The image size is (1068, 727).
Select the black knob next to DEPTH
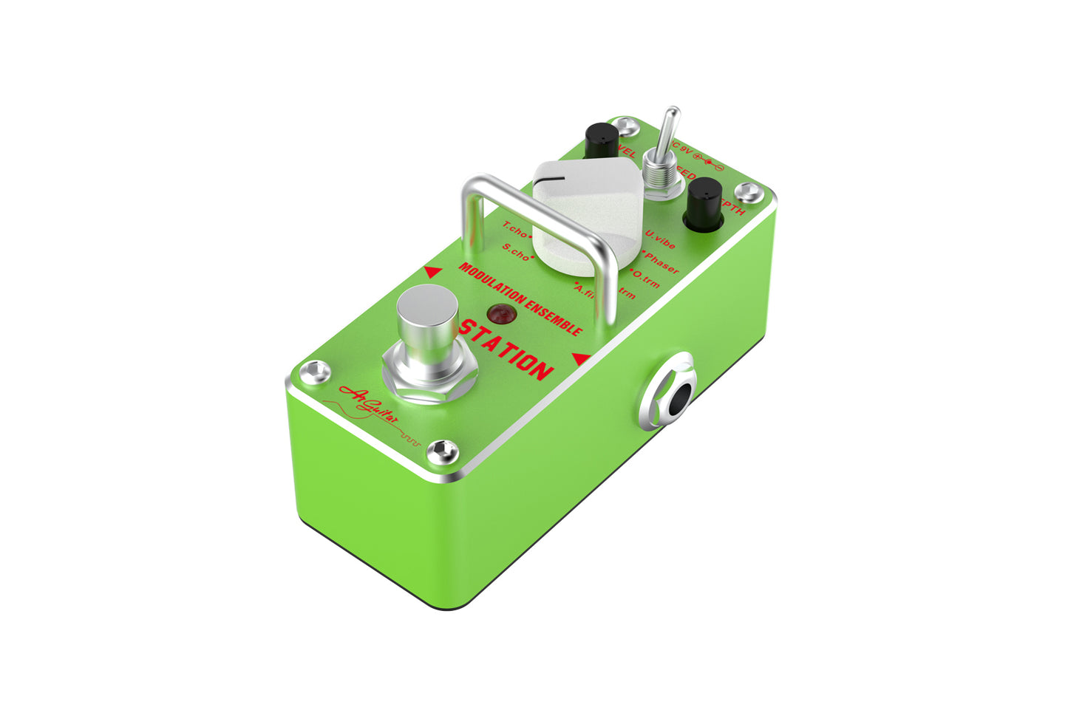[x=704, y=202]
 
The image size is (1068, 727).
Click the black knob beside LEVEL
[x=602, y=141]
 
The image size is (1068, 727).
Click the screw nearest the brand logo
[x=443, y=450]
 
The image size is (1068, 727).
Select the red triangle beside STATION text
[x=581, y=359]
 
